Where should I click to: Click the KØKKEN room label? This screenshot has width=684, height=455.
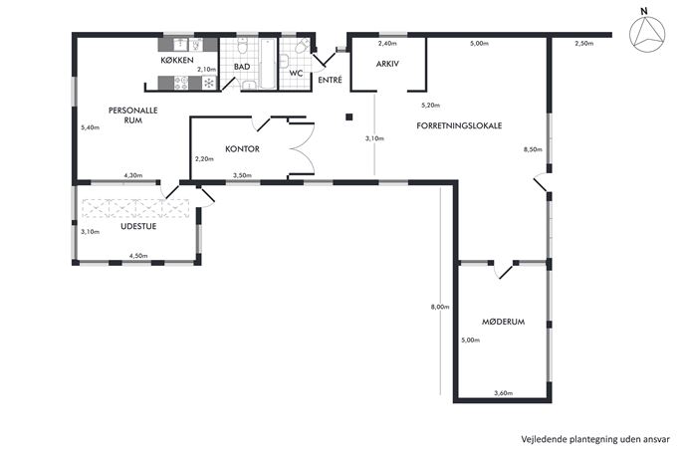click(x=176, y=60)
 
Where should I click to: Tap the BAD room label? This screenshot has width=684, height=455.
click(x=242, y=67)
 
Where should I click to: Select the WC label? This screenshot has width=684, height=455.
click(x=296, y=73)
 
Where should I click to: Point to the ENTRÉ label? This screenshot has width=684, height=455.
click(x=330, y=80)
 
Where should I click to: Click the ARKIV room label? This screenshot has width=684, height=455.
click(x=387, y=64)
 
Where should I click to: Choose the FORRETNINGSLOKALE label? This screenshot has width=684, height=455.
click(x=459, y=125)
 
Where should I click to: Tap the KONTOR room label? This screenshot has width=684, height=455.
click(x=242, y=148)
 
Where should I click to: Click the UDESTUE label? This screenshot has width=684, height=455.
click(x=138, y=226)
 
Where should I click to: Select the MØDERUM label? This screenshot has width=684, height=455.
click(x=503, y=322)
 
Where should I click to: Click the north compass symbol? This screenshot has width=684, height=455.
click(x=647, y=33)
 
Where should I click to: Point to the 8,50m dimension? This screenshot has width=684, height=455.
click(x=533, y=149)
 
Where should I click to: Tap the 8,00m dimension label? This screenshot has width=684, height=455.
click(x=440, y=307)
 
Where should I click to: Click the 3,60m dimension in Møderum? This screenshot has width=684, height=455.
click(x=503, y=393)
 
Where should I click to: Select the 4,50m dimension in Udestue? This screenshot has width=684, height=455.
click(x=138, y=256)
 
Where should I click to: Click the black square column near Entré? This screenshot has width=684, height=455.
click(x=349, y=116)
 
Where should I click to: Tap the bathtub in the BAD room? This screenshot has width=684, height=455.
click(x=268, y=64)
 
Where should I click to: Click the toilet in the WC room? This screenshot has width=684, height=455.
click(x=302, y=46)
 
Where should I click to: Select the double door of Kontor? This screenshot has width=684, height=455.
click(x=302, y=148)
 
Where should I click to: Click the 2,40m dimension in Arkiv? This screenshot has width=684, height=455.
click(x=387, y=43)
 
